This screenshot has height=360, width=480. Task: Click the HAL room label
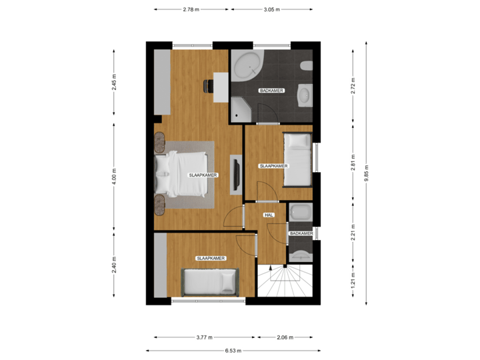pyautogui.click(x=269, y=215)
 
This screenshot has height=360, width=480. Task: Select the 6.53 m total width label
pyautogui.click(x=233, y=351)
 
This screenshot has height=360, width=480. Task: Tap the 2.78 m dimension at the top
pyautogui.click(x=191, y=10)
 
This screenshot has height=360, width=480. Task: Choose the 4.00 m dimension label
pyautogui.click(x=115, y=177)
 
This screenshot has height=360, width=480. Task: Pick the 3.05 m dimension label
pyautogui.click(x=271, y=10)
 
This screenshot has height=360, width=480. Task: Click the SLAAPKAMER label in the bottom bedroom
pyautogui.click(x=210, y=258)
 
